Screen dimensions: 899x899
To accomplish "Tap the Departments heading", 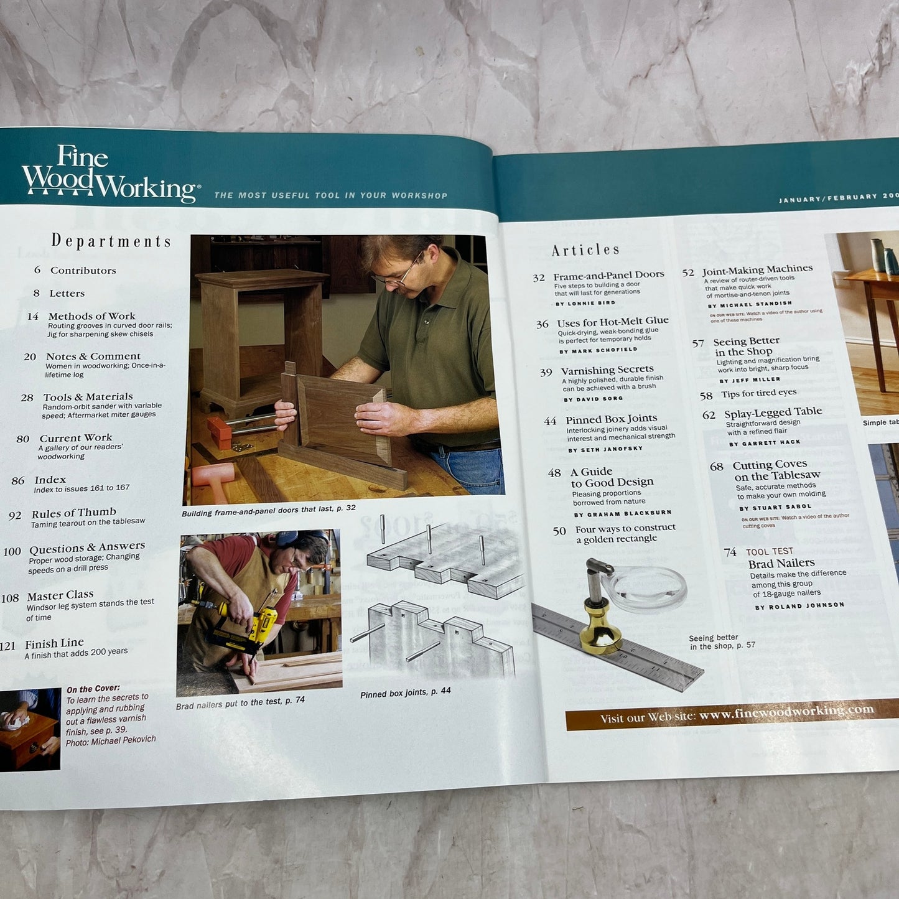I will pos(111,241).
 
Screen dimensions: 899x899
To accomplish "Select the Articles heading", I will pos(585,250).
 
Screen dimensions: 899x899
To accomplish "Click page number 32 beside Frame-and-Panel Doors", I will pos(539,278).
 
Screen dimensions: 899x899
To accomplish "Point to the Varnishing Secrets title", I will pos(607,370).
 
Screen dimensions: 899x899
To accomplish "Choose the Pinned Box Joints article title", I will pos(611,419).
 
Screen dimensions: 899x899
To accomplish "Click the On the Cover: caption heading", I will pos(93,689).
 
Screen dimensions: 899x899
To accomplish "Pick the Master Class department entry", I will pos(60,595).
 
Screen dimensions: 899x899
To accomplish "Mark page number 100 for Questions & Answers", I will pos(12,552).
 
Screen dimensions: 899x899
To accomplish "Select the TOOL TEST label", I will pos(769,552).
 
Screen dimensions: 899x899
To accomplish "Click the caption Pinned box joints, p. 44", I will pos(405,693).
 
